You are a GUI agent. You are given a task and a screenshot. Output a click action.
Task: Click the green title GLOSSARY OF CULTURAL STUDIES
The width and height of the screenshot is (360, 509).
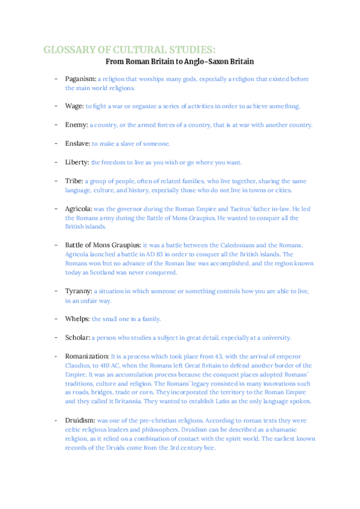click(129, 49)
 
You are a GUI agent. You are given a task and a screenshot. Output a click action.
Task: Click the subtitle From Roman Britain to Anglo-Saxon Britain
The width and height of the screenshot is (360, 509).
click(180, 61)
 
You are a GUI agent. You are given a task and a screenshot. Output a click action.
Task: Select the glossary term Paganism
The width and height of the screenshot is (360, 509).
click(80, 79)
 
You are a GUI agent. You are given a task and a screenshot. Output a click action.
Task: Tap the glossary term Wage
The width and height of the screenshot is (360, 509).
click(74, 106)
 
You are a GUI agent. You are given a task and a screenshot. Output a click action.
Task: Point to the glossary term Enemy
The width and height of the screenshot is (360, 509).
click(77, 125)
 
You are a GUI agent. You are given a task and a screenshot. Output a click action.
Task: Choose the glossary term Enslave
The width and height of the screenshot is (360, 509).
click(77, 143)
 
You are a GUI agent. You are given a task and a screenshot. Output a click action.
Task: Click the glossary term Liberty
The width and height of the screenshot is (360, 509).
click(77, 162)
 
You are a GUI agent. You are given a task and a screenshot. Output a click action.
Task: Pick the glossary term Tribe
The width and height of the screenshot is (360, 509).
click(74, 181)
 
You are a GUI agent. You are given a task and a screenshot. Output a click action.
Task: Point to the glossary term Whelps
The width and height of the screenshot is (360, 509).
click(78, 318)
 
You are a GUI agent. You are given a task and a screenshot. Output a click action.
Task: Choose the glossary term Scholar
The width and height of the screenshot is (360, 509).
click(78, 337)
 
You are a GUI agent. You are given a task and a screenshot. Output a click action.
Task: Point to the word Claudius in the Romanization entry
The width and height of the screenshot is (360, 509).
click(78, 365)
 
